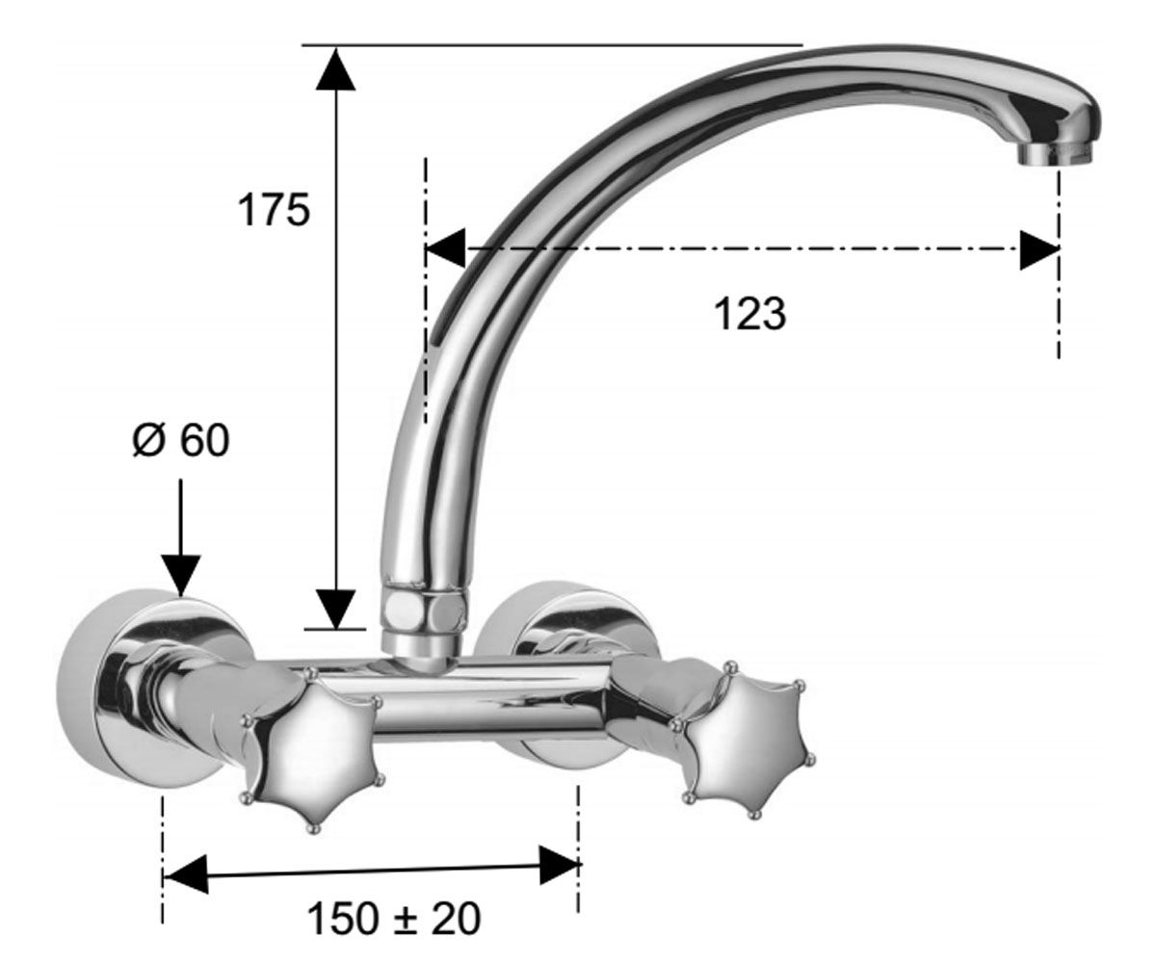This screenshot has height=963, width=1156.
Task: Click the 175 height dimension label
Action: click(274, 210)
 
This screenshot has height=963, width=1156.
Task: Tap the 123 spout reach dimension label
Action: click(750, 314)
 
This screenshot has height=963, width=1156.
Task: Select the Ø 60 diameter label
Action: click(181, 441)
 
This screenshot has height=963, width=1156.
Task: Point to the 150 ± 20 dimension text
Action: click(394, 919)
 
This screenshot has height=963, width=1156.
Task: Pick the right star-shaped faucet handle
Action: click(742, 739)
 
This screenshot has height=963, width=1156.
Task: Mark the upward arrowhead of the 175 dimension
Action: click(335, 68)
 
